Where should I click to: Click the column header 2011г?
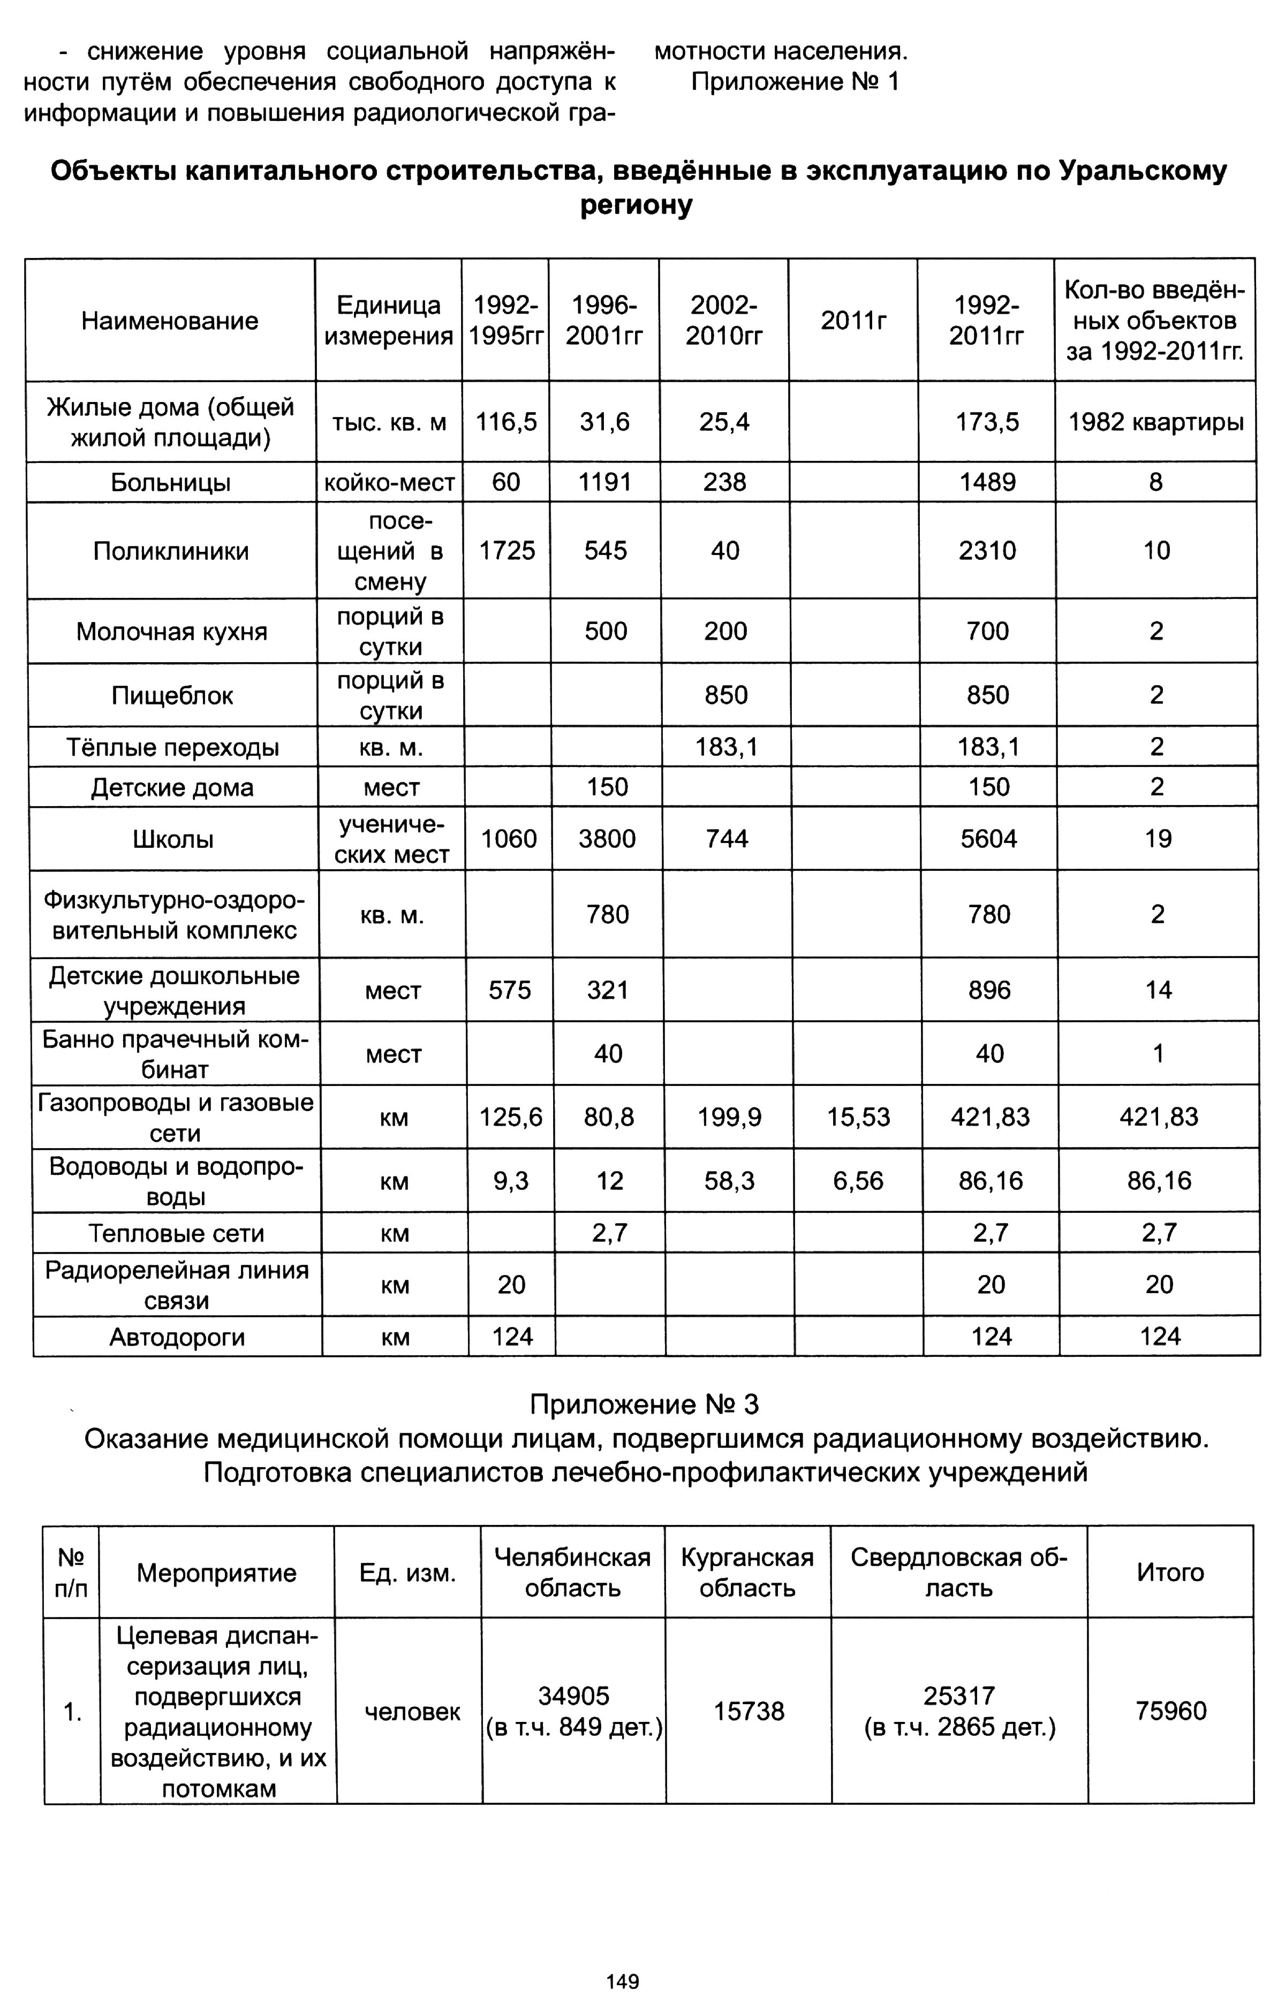click(853, 321)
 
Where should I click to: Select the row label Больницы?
click(171, 483)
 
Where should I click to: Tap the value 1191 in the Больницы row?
click(604, 482)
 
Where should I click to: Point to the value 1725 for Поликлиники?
click(507, 551)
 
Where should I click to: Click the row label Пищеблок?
click(172, 696)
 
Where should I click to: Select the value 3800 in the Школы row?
click(607, 839)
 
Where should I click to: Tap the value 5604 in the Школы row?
click(988, 839)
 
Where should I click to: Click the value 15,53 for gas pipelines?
click(859, 1117)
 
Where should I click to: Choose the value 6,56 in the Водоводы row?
click(859, 1181)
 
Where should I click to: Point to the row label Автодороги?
click(177, 1337)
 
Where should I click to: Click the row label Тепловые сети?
click(176, 1233)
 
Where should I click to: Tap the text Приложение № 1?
click(795, 82)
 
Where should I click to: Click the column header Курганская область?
click(747, 1573)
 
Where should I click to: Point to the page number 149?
click(623, 1981)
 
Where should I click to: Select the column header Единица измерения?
click(389, 321)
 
